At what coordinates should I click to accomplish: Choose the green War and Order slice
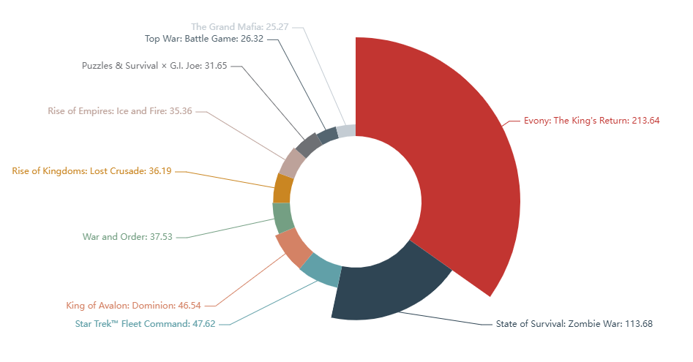coord(282,218)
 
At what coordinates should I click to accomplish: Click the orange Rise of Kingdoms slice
coord(283,188)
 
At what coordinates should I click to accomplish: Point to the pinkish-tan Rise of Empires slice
coord(293,162)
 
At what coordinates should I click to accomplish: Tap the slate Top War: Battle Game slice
coord(327,135)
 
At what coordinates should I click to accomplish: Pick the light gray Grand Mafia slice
coord(346,131)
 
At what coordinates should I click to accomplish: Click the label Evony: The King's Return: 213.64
coord(592,121)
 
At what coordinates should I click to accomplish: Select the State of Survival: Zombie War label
coord(574,323)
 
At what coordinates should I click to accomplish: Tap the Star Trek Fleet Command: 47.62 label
coord(145,323)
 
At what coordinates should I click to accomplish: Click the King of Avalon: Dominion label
coord(143,305)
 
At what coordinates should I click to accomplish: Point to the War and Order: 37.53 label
coord(127,237)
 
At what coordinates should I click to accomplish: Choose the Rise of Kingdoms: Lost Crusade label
coord(91,171)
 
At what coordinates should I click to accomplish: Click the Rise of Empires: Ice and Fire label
coord(120,111)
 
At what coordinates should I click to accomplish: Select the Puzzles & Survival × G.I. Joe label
coord(154,65)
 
